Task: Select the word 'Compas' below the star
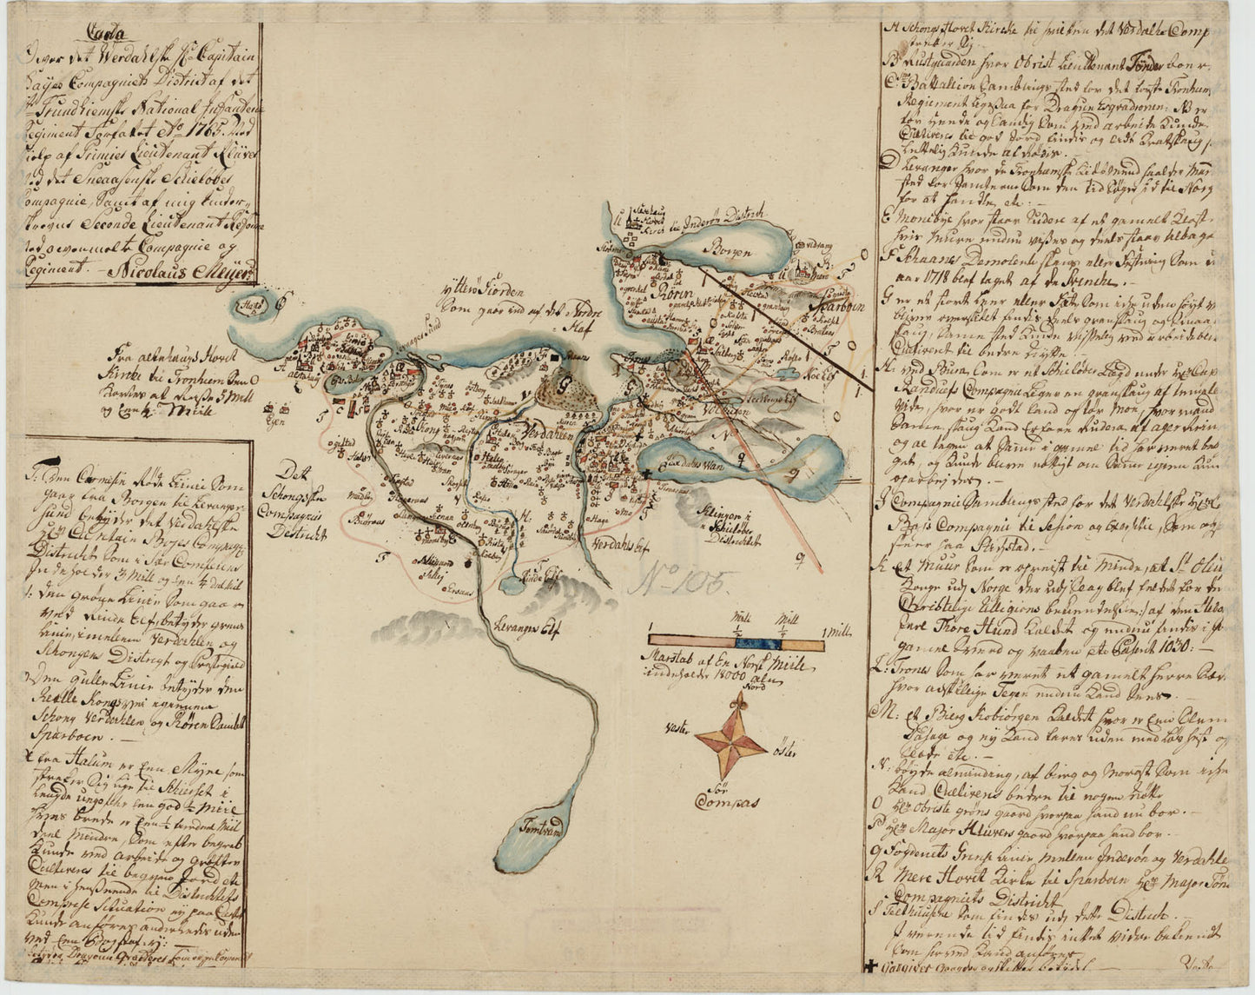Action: point(728,800)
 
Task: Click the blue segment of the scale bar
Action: point(758,644)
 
